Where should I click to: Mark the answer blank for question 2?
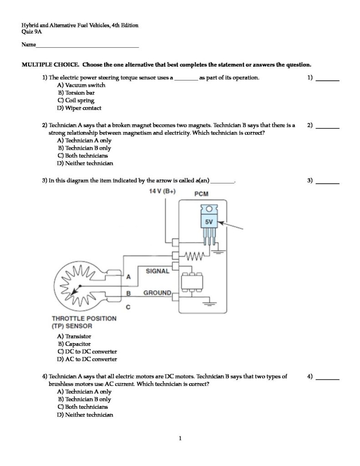[x=328, y=127]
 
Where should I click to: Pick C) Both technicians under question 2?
[x=82, y=156]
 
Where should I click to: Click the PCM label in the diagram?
[x=201, y=194]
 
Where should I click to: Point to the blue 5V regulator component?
[x=209, y=222]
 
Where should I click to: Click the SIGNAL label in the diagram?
[x=157, y=271]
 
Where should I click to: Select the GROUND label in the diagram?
[x=157, y=293]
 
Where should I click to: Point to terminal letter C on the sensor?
[x=128, y=307]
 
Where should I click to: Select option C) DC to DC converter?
[x=87, y=352]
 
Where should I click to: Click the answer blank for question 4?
[x=328, y=378]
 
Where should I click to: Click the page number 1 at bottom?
[x=180, y=439]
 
